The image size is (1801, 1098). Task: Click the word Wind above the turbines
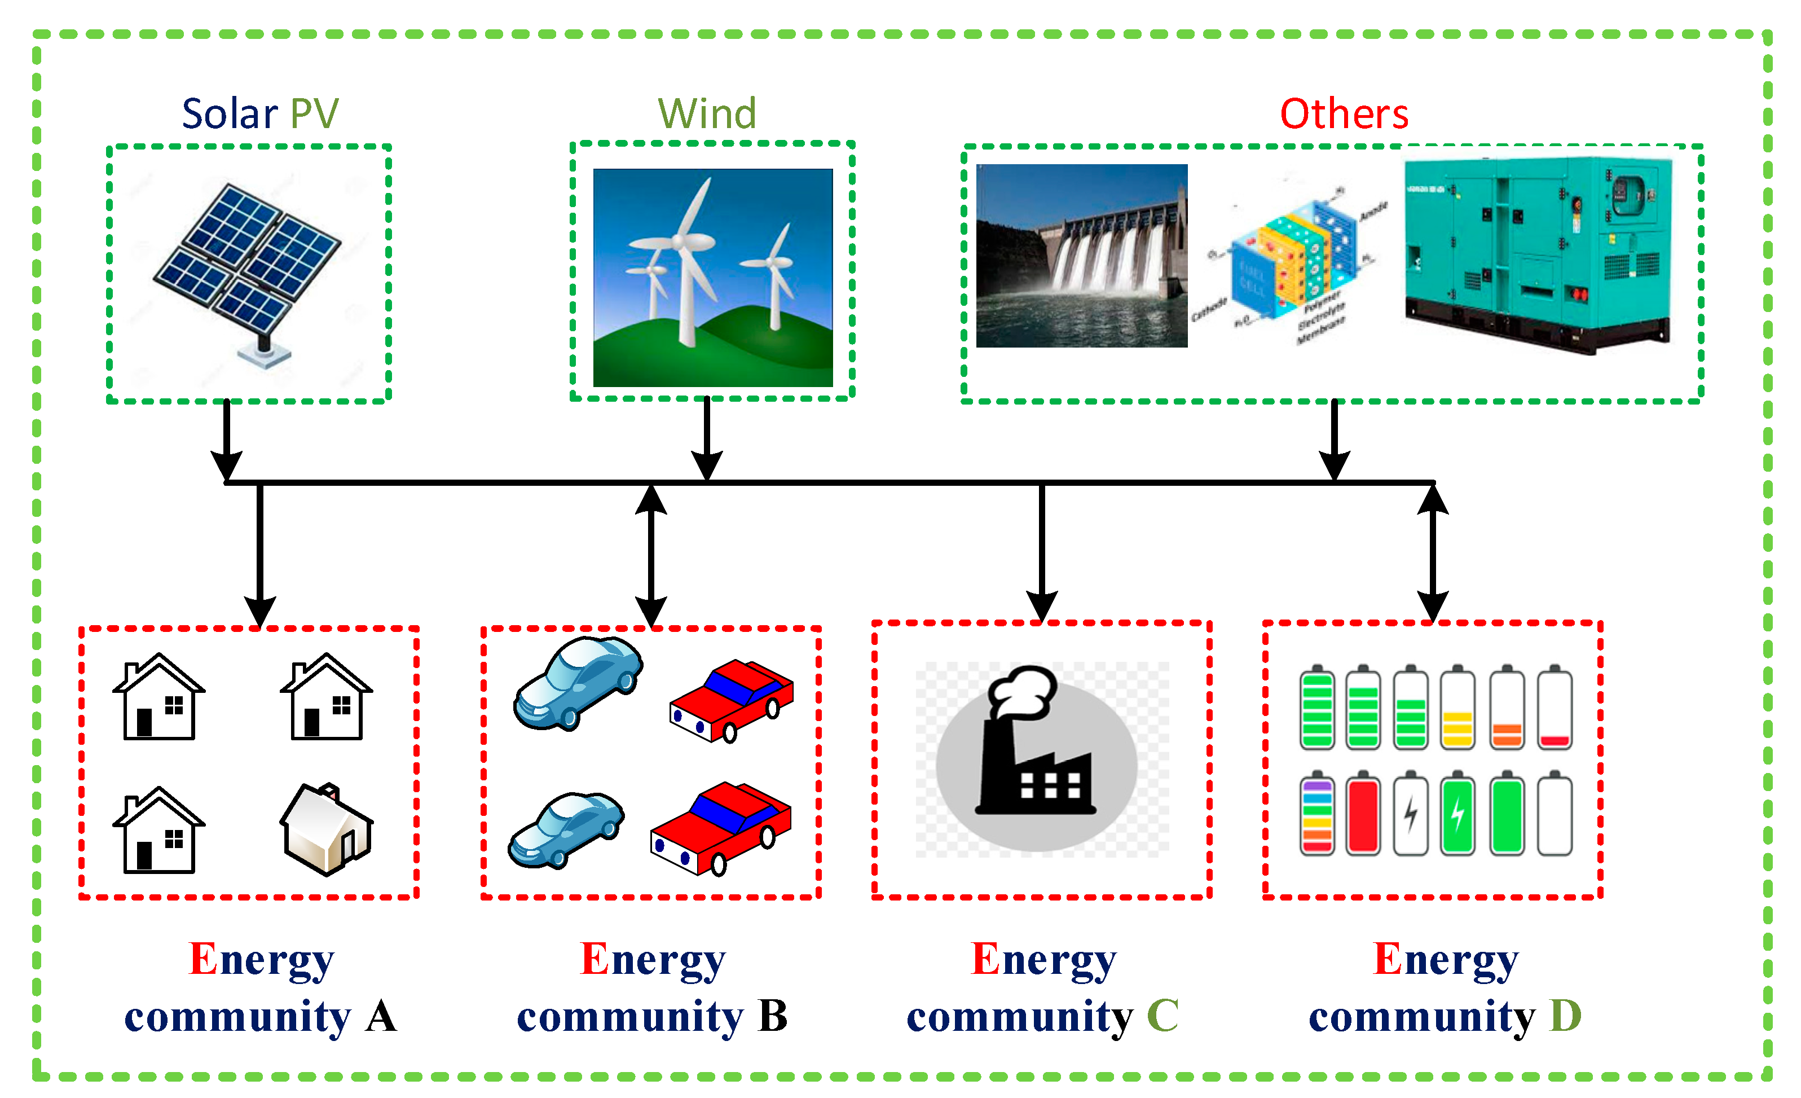[706, 114]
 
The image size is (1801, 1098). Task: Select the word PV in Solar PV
[314, 114]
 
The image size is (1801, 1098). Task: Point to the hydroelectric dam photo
[1081, 255]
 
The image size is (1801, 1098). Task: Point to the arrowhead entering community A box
[259, 611]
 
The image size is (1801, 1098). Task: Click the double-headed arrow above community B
[650, 556]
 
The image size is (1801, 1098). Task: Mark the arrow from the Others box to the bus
[1334, 438]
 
